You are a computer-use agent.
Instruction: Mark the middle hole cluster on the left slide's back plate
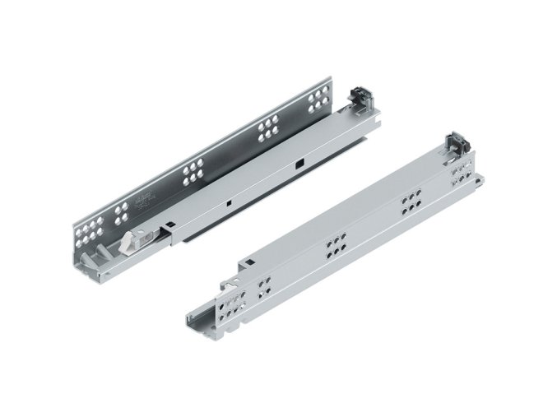[x=192, y=170]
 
